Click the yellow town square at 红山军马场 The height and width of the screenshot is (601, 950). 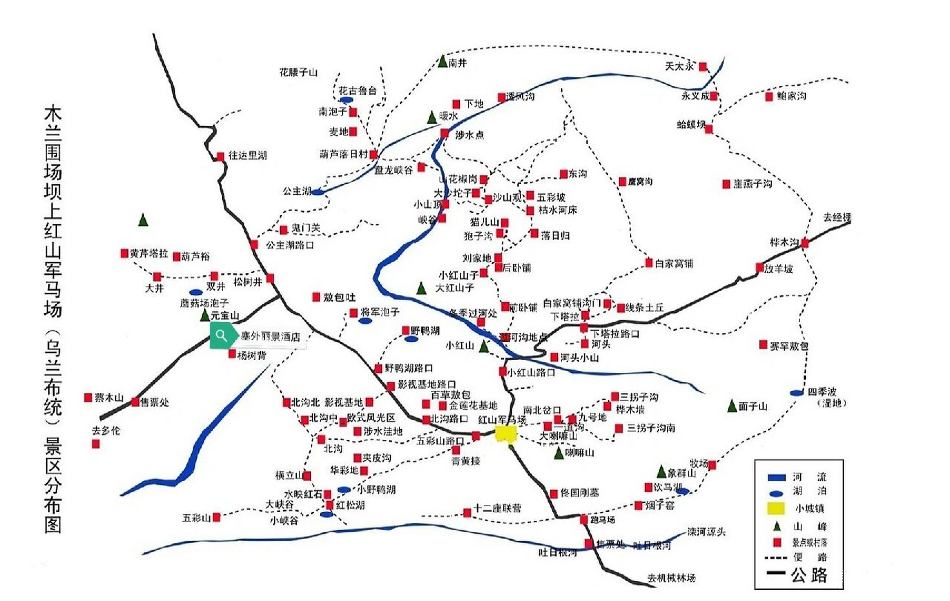(506, 434)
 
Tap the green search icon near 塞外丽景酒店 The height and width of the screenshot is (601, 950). (221, 335)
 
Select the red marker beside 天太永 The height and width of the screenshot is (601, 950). (703, 67)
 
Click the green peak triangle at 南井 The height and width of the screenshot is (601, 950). (442, 62)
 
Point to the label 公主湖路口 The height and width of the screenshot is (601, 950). (290, 245)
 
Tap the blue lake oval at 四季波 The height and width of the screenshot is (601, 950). (797, 393)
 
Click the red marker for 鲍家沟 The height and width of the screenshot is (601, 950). (769, 97)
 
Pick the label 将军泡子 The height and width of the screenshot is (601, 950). (380, 312)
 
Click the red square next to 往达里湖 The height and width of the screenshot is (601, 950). (220, 156)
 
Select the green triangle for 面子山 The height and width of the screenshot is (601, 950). (732, 406)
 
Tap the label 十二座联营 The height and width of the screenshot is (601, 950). (497, 508)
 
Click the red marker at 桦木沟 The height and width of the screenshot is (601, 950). (805, 243)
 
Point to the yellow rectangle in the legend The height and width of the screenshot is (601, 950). (776, 509)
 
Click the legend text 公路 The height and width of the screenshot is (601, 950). (809, 575)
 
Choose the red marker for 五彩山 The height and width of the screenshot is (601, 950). (216, 517)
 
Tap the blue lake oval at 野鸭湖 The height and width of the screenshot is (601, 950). (411, 339)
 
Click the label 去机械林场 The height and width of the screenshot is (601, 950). (671, 578)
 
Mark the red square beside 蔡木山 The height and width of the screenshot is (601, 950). (88, 398)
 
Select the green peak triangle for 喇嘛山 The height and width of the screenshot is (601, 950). (558, 454)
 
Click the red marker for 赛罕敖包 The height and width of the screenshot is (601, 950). (763, 345)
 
